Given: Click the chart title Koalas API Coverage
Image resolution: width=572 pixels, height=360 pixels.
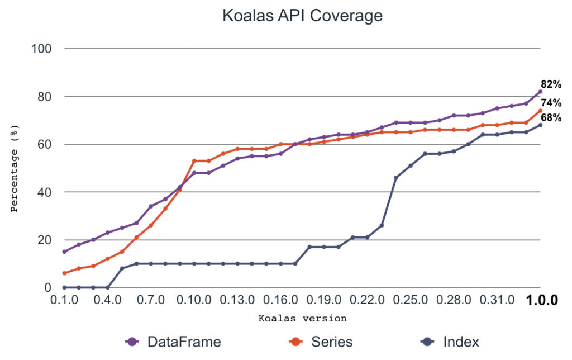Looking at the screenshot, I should (302, 16).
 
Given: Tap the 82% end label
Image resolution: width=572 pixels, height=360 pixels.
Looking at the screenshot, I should (551, 84).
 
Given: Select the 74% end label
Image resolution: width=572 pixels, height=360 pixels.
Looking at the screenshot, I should (551, 103).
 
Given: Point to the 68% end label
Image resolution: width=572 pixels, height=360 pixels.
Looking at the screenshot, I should (551, 117).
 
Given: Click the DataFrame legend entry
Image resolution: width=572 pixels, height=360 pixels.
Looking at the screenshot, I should (173, 342).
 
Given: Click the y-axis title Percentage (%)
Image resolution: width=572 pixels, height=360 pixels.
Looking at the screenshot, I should (15, 168).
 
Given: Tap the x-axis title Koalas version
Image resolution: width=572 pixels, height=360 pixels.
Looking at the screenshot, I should (302, 319).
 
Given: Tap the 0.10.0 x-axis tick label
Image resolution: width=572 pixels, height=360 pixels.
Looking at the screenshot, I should (194, 301).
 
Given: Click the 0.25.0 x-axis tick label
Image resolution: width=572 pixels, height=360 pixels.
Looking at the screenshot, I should (411, 301).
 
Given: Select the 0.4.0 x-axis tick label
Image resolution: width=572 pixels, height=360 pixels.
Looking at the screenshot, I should (108, 301).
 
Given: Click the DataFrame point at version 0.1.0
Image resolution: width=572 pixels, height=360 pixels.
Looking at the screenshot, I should (64, 252).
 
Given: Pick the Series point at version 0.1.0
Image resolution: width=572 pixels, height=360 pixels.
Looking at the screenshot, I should (64, 273).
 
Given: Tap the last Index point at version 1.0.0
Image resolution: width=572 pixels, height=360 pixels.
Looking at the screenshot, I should (540, 125).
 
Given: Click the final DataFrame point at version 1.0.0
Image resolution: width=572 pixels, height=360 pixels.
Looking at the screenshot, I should (540, 92).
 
